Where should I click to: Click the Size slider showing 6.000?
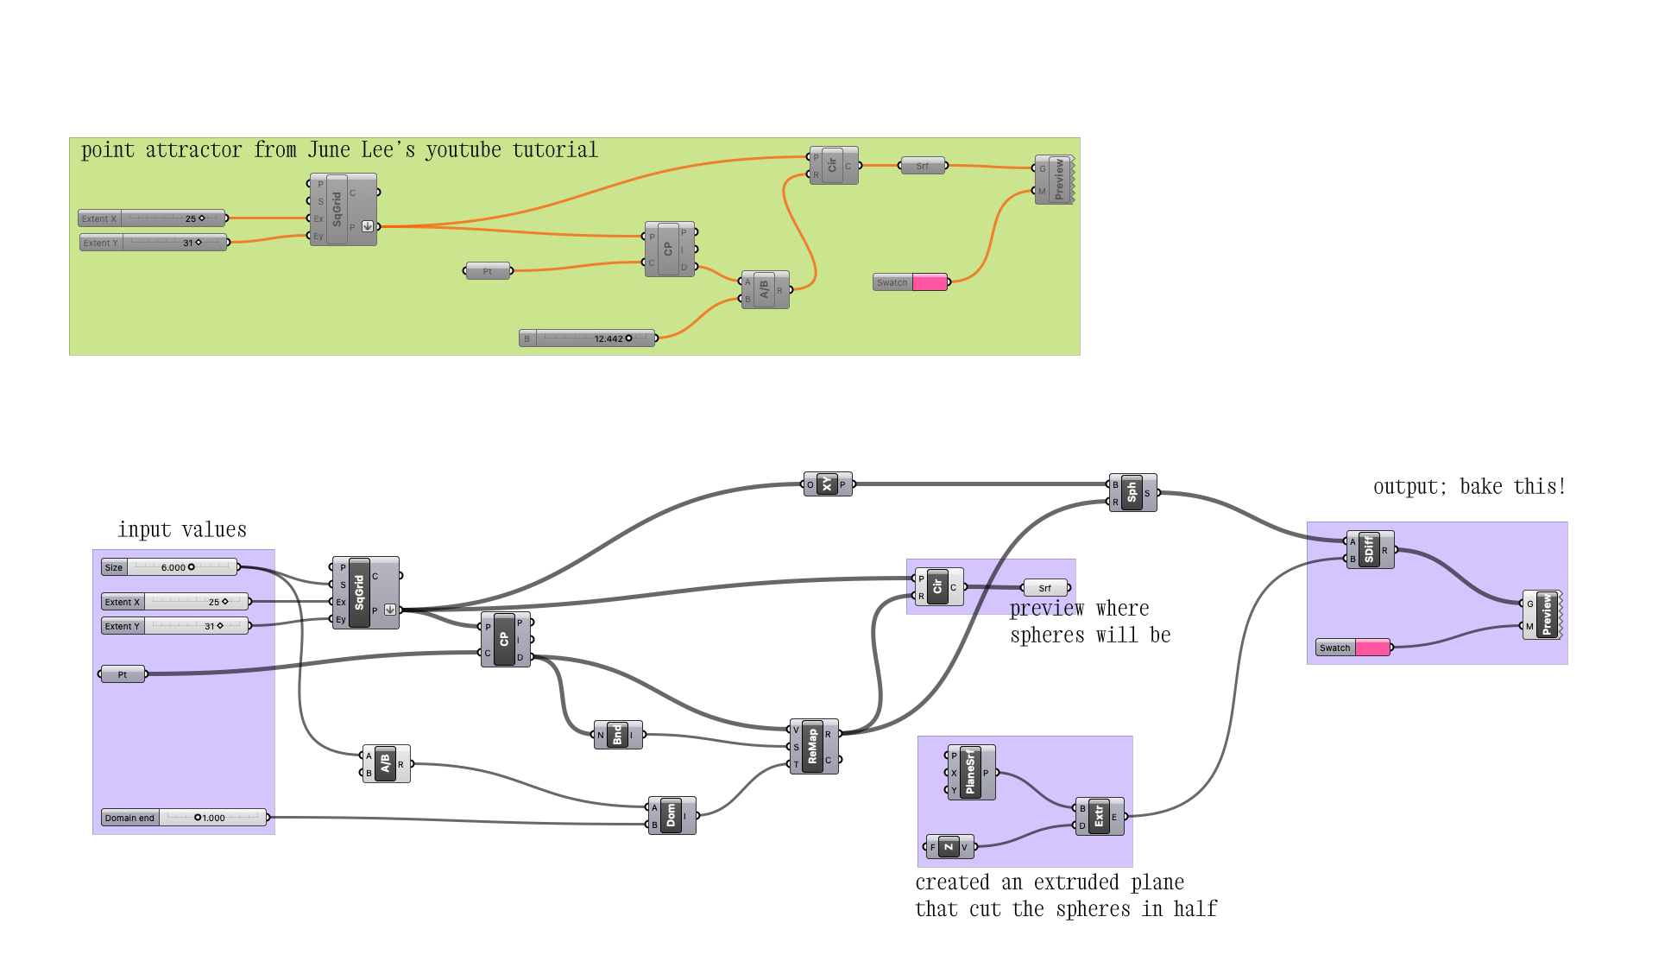click(169, 567)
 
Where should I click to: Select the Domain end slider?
click(184, 818)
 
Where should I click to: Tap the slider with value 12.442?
click(588, 338)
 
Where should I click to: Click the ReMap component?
click(813, 746)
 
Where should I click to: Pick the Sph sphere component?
click(1132, 492)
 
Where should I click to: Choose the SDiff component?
click(1370, 550)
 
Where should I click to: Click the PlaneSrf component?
click(970, 772)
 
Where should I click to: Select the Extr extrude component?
click(1100, 816)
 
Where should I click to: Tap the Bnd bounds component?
click(617, 735)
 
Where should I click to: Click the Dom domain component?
click(672, 815)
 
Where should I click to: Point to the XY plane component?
click(827, 484)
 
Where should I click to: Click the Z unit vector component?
click(949, 847)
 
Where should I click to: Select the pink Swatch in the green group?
click(930, 282)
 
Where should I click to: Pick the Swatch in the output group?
click(1372, 648)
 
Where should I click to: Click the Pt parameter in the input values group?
click(123, 674)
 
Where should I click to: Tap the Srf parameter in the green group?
click(923, 166)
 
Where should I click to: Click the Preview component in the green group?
click(1058, 180)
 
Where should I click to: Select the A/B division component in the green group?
click(765, 290)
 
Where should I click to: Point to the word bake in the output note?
click(1480, 486)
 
